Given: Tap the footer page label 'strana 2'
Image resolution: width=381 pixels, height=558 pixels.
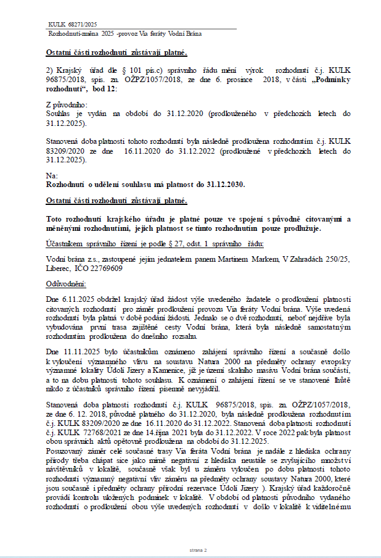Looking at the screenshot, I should (197, 549).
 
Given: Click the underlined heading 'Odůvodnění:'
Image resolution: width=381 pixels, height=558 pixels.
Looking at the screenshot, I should (67, 283).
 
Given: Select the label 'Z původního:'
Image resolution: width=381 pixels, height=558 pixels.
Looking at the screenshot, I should (66, 106).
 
